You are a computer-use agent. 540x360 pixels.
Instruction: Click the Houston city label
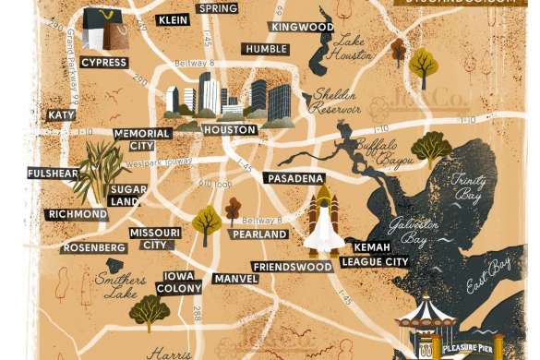point(230,130)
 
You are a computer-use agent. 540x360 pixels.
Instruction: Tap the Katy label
point(61,115)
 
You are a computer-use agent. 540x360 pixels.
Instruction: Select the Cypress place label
point(103,63)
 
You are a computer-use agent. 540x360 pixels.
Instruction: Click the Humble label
point(263,49)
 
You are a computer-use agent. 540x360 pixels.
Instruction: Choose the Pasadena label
point(294,177)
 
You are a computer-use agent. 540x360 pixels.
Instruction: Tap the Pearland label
point(259,234)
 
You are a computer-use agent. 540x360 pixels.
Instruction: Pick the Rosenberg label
point(93,248)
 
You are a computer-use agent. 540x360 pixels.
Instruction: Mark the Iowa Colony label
point(181,282)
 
